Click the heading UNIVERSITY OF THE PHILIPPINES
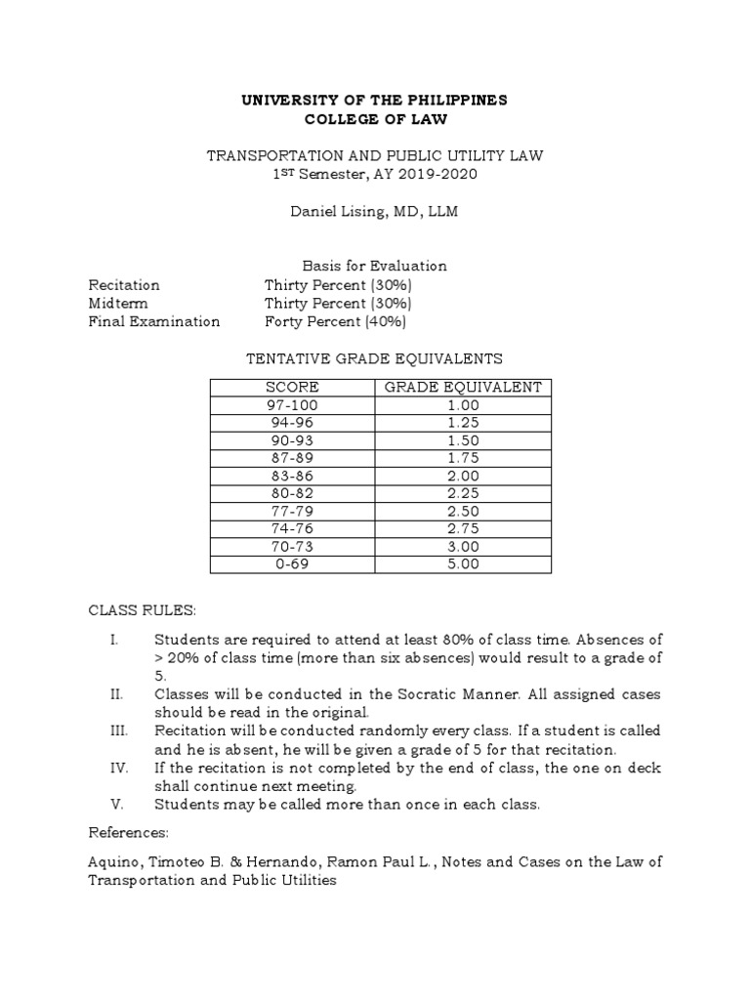(x=375, y=102)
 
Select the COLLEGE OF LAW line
(x=375, y=120)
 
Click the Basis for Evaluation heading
(x=374, y=266)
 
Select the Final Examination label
(x=154, y=321)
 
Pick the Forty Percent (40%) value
(x=335, y=321)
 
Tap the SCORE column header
(x=292, y=388)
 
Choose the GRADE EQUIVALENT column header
(x=463, y=388)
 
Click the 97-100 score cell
(x=292, y=405)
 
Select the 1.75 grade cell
(x=463, y=458)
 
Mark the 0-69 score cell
(x=292, y=564)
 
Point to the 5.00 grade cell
(x=463, y=564)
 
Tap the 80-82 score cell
(x=292, y=493)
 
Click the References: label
(x=129, y=833)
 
